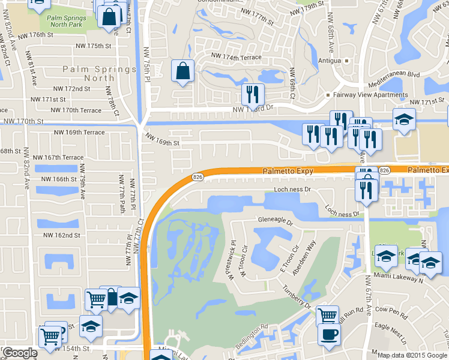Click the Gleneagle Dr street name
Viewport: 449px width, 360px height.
pyautogui.click(x=275, y=220)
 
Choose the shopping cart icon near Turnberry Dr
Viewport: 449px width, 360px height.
pyautogui.click(x=327, y=315)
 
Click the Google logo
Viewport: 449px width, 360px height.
pyautogui.click(x=20, y=353)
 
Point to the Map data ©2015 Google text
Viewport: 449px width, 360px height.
pyautogui.click(x=412, y=355)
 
